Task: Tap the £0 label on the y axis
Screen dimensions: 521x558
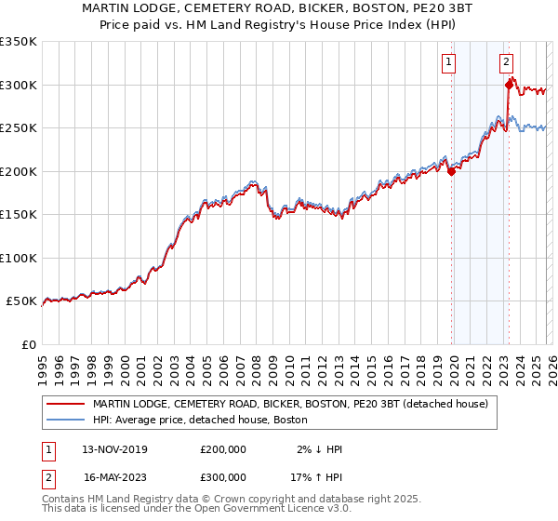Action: [28, 344]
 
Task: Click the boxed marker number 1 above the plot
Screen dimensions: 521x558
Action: [449, 62]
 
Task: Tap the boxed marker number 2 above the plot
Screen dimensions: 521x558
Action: [507, 62]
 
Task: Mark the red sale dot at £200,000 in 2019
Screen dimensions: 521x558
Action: [451, 171]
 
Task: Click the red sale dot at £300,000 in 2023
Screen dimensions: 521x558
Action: [509, 85]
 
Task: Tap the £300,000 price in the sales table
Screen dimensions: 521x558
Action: [223, 477]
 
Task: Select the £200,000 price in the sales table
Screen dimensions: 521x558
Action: [223, 449]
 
